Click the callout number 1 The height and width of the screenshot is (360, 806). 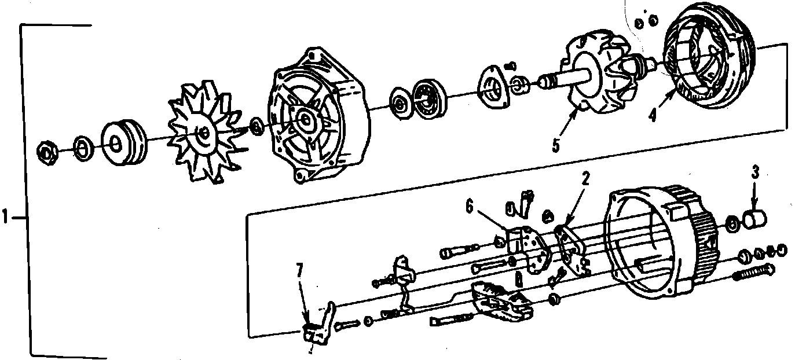click(5, 218)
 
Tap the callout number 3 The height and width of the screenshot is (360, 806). click(755, 171)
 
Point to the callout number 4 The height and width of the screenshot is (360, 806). click(654, 114)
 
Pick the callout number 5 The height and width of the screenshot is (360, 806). click(556, 144)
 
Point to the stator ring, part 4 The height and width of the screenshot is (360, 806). click(709, 61)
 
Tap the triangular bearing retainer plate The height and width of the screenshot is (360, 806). click(492, 87)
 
